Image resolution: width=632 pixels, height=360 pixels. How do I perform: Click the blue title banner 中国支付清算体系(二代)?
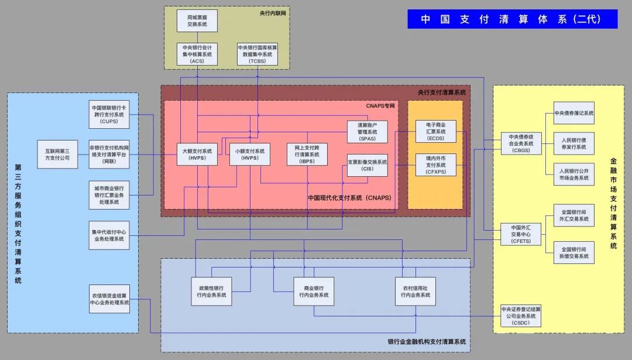click(512, 19)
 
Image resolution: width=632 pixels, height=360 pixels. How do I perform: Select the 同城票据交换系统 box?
click(197, 20)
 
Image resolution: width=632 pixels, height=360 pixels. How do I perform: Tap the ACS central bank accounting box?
click(197, 54)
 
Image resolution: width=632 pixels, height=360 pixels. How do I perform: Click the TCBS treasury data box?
click(257, 54)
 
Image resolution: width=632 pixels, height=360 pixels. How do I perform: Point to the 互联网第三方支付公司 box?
click(57, 154)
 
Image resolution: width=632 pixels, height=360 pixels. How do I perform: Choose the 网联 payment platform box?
click(109, 154)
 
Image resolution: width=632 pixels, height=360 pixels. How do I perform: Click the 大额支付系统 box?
click(197, 154)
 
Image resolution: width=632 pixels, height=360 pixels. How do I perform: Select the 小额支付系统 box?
click(250, 154)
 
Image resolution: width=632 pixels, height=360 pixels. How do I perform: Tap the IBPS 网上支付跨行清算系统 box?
click(307, 154)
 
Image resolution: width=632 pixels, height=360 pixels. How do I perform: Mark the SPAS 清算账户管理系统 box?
click(367, 132)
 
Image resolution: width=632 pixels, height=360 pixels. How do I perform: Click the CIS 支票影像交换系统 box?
click(367, 166)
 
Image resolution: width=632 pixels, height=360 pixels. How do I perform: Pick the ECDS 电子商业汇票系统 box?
click(436, 132)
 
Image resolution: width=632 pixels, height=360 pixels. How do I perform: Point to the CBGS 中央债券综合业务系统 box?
click(521, 144)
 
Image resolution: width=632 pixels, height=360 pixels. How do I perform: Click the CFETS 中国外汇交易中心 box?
click(521, 235)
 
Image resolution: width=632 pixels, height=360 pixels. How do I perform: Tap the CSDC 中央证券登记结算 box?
click(521, 316)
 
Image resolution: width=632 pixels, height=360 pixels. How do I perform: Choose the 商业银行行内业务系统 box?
click(314, 292)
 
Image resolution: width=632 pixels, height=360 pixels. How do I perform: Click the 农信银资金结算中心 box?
click(109, 299)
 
